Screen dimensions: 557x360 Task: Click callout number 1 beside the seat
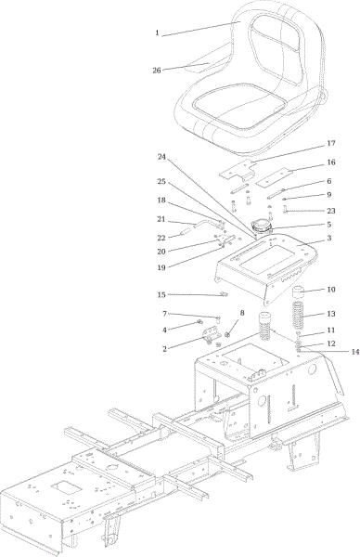(x=158, y=33)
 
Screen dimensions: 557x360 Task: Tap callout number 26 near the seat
(x=157, y=70)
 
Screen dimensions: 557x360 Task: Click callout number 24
(x=161, y=157)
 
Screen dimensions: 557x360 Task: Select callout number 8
(x=243, y=313)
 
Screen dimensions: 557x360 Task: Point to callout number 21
(x=162, y=219)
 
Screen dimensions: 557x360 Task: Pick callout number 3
(x=329, y=238)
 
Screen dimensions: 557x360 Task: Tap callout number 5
(x=329, y=224)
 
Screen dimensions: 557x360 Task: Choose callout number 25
(x=161, y=181)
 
